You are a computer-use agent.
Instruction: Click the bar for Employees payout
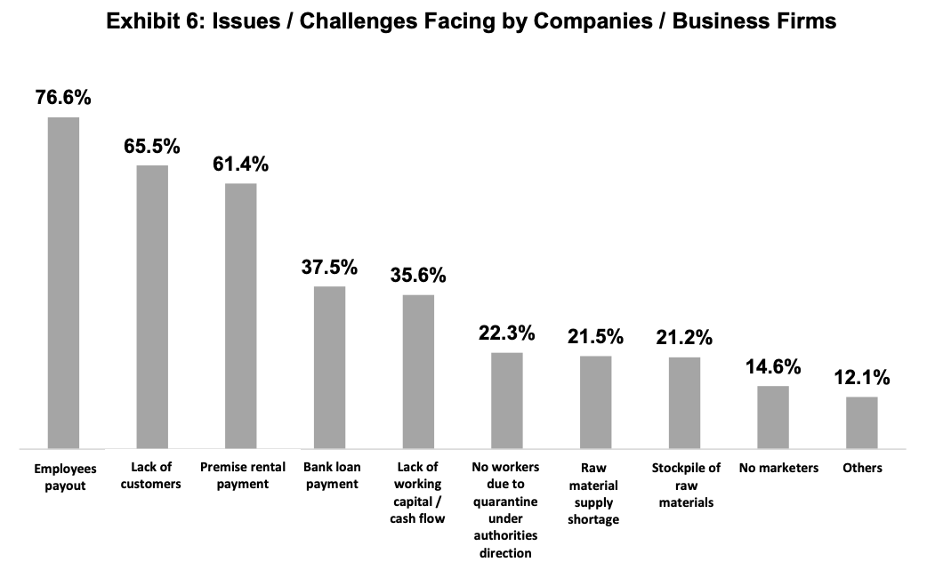tap(63, 283)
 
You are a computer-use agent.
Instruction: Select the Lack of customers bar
tap(152, 307)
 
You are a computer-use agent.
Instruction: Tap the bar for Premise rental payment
tap(240, 316)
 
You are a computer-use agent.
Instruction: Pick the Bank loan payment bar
tap(329, 367)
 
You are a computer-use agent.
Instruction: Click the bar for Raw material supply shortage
tap(595, 402)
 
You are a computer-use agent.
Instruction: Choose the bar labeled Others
tap(861, 422)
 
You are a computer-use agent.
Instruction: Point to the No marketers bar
tap(773, 417)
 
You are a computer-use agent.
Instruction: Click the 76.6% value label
tap(63, 98)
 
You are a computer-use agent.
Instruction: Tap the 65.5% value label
tap(152, 146)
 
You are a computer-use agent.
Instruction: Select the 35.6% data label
tap(418, 275)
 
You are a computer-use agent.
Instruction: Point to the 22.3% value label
tap(507, 333)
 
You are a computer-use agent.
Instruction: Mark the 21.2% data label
tap(684, 338)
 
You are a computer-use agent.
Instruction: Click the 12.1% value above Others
tap(861, 378)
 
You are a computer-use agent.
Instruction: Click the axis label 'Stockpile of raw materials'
tap(686, 486)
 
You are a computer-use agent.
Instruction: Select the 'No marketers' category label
tap(778, 468)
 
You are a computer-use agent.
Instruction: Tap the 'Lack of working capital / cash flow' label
tap(417, 493)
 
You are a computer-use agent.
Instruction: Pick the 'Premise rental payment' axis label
tap(242, 476)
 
